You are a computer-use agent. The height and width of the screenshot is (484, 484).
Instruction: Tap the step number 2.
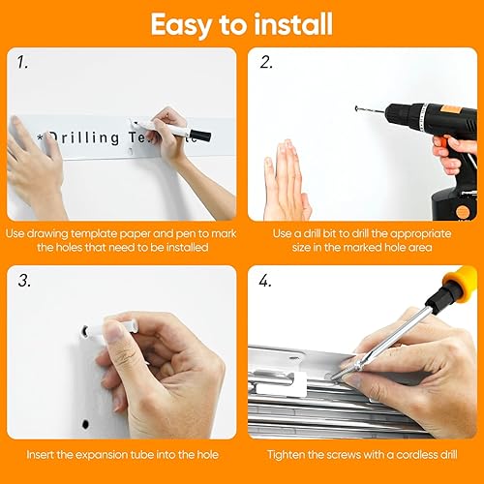(265, 64)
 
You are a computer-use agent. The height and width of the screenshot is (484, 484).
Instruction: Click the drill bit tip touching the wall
(357, 108)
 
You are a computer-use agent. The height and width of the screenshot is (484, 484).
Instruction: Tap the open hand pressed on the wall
(286, 179)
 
